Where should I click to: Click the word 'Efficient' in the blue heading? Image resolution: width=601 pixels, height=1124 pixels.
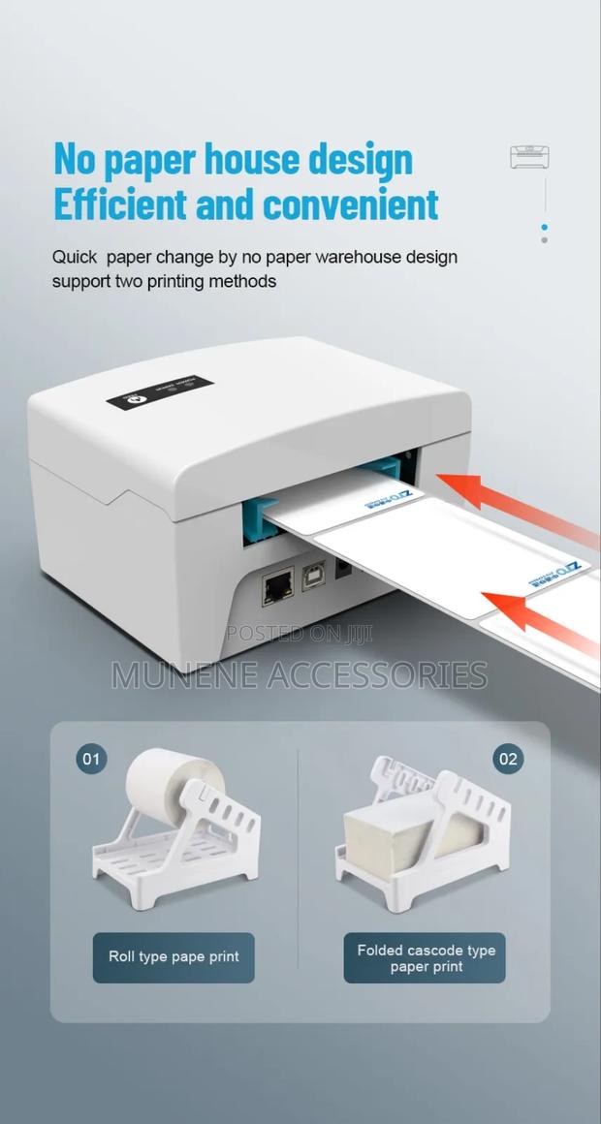pos(120,205)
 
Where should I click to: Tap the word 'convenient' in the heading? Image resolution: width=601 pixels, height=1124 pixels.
pos(351,205)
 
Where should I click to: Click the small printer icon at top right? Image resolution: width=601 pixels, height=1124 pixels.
pos(529,157)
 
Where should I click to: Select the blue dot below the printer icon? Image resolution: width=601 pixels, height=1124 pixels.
pos(544,228)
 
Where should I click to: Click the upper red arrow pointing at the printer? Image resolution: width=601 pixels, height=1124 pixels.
pos(504,504)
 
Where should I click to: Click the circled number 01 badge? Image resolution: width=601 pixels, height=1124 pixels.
pos(91,758)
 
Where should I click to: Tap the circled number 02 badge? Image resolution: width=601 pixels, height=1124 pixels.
pos(508,758)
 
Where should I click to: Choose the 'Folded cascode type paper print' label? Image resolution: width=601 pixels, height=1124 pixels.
pos(425,957)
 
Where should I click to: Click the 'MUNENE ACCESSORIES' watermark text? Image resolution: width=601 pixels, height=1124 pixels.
pos(300,674)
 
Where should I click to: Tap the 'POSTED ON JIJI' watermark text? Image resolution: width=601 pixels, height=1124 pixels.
pos(299,634)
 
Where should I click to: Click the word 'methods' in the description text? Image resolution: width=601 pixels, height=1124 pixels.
pos(243,282)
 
